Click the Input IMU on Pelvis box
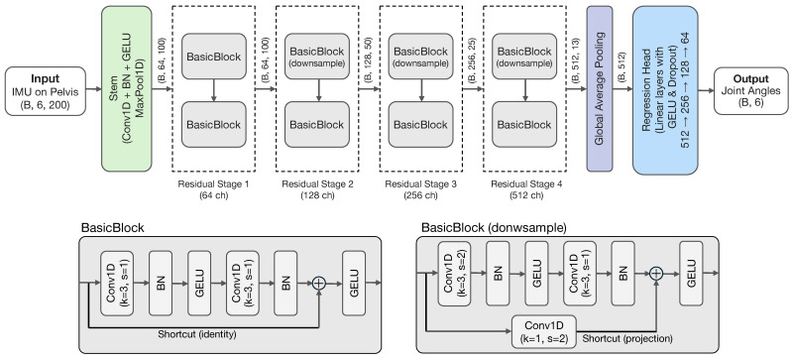[x=46, y=91]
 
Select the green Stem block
[x=126, y=88]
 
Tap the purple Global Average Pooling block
[x=599, y=88]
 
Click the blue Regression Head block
[x=665, y=90]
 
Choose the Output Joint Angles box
[x=750, y=91]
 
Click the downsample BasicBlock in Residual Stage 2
[x=316, y=57]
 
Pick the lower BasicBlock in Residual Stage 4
[x=524, y=124]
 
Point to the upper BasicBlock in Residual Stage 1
[x=214, y=57]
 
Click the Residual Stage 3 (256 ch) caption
[x=420, y=189]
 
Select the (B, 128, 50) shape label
[x=368, y=60]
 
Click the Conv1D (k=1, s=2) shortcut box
[x=543, y=331]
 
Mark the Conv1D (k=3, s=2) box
[x=454, y=274]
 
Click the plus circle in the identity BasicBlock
[x=319, y=284]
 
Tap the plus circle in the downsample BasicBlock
[x=655, y=273]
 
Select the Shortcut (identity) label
[x=197, y=334]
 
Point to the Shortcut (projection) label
[x=627, y=338]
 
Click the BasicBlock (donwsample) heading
[x=494, y=228]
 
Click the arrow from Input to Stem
[x=93, y=89]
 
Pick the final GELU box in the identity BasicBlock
[x=354, y=284]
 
